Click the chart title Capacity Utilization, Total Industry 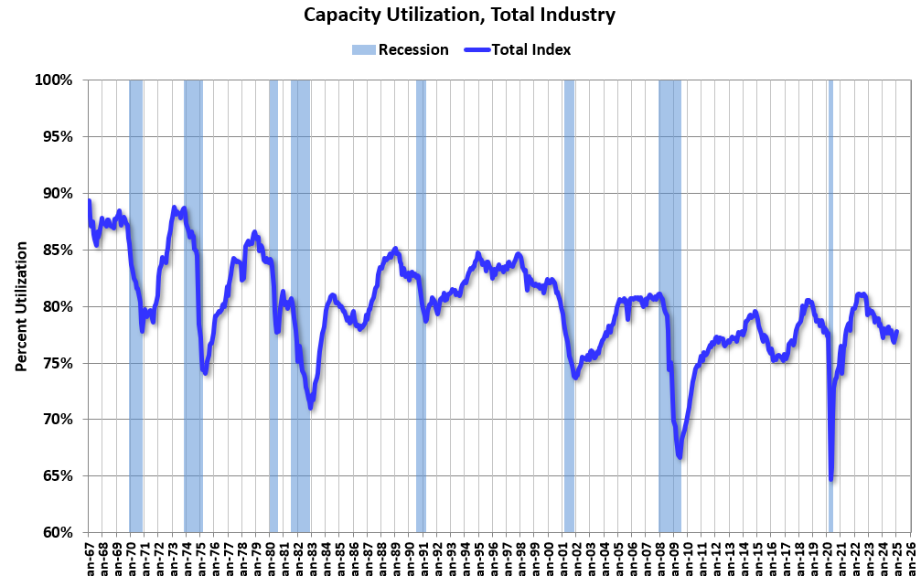pos(460,15)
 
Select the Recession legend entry pos(400,49)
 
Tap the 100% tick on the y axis pos(54,80)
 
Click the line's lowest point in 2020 pos(830,478)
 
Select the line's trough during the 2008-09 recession pos(680,456)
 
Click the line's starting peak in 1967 pos(89,201)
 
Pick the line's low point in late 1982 pos(311,407)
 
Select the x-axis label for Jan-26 pos(910,557)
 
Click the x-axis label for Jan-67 pos(88,557)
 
